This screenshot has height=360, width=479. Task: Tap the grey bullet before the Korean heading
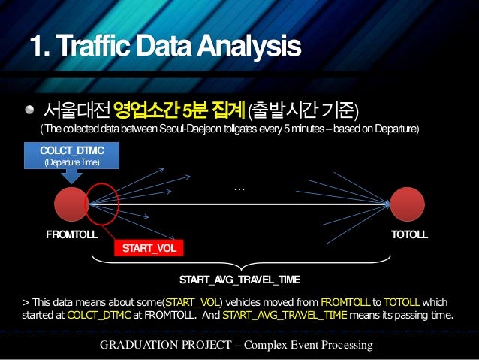point(29,110)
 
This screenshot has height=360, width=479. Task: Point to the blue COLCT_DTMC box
point(71,156)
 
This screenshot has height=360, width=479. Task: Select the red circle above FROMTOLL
point(72,203)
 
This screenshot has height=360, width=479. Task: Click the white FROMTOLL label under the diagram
point(71,234)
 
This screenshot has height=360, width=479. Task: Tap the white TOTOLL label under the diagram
point(409,234)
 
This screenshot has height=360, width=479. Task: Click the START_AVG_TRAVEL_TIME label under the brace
point(239,280)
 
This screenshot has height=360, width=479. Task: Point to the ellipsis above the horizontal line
point(239,189)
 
